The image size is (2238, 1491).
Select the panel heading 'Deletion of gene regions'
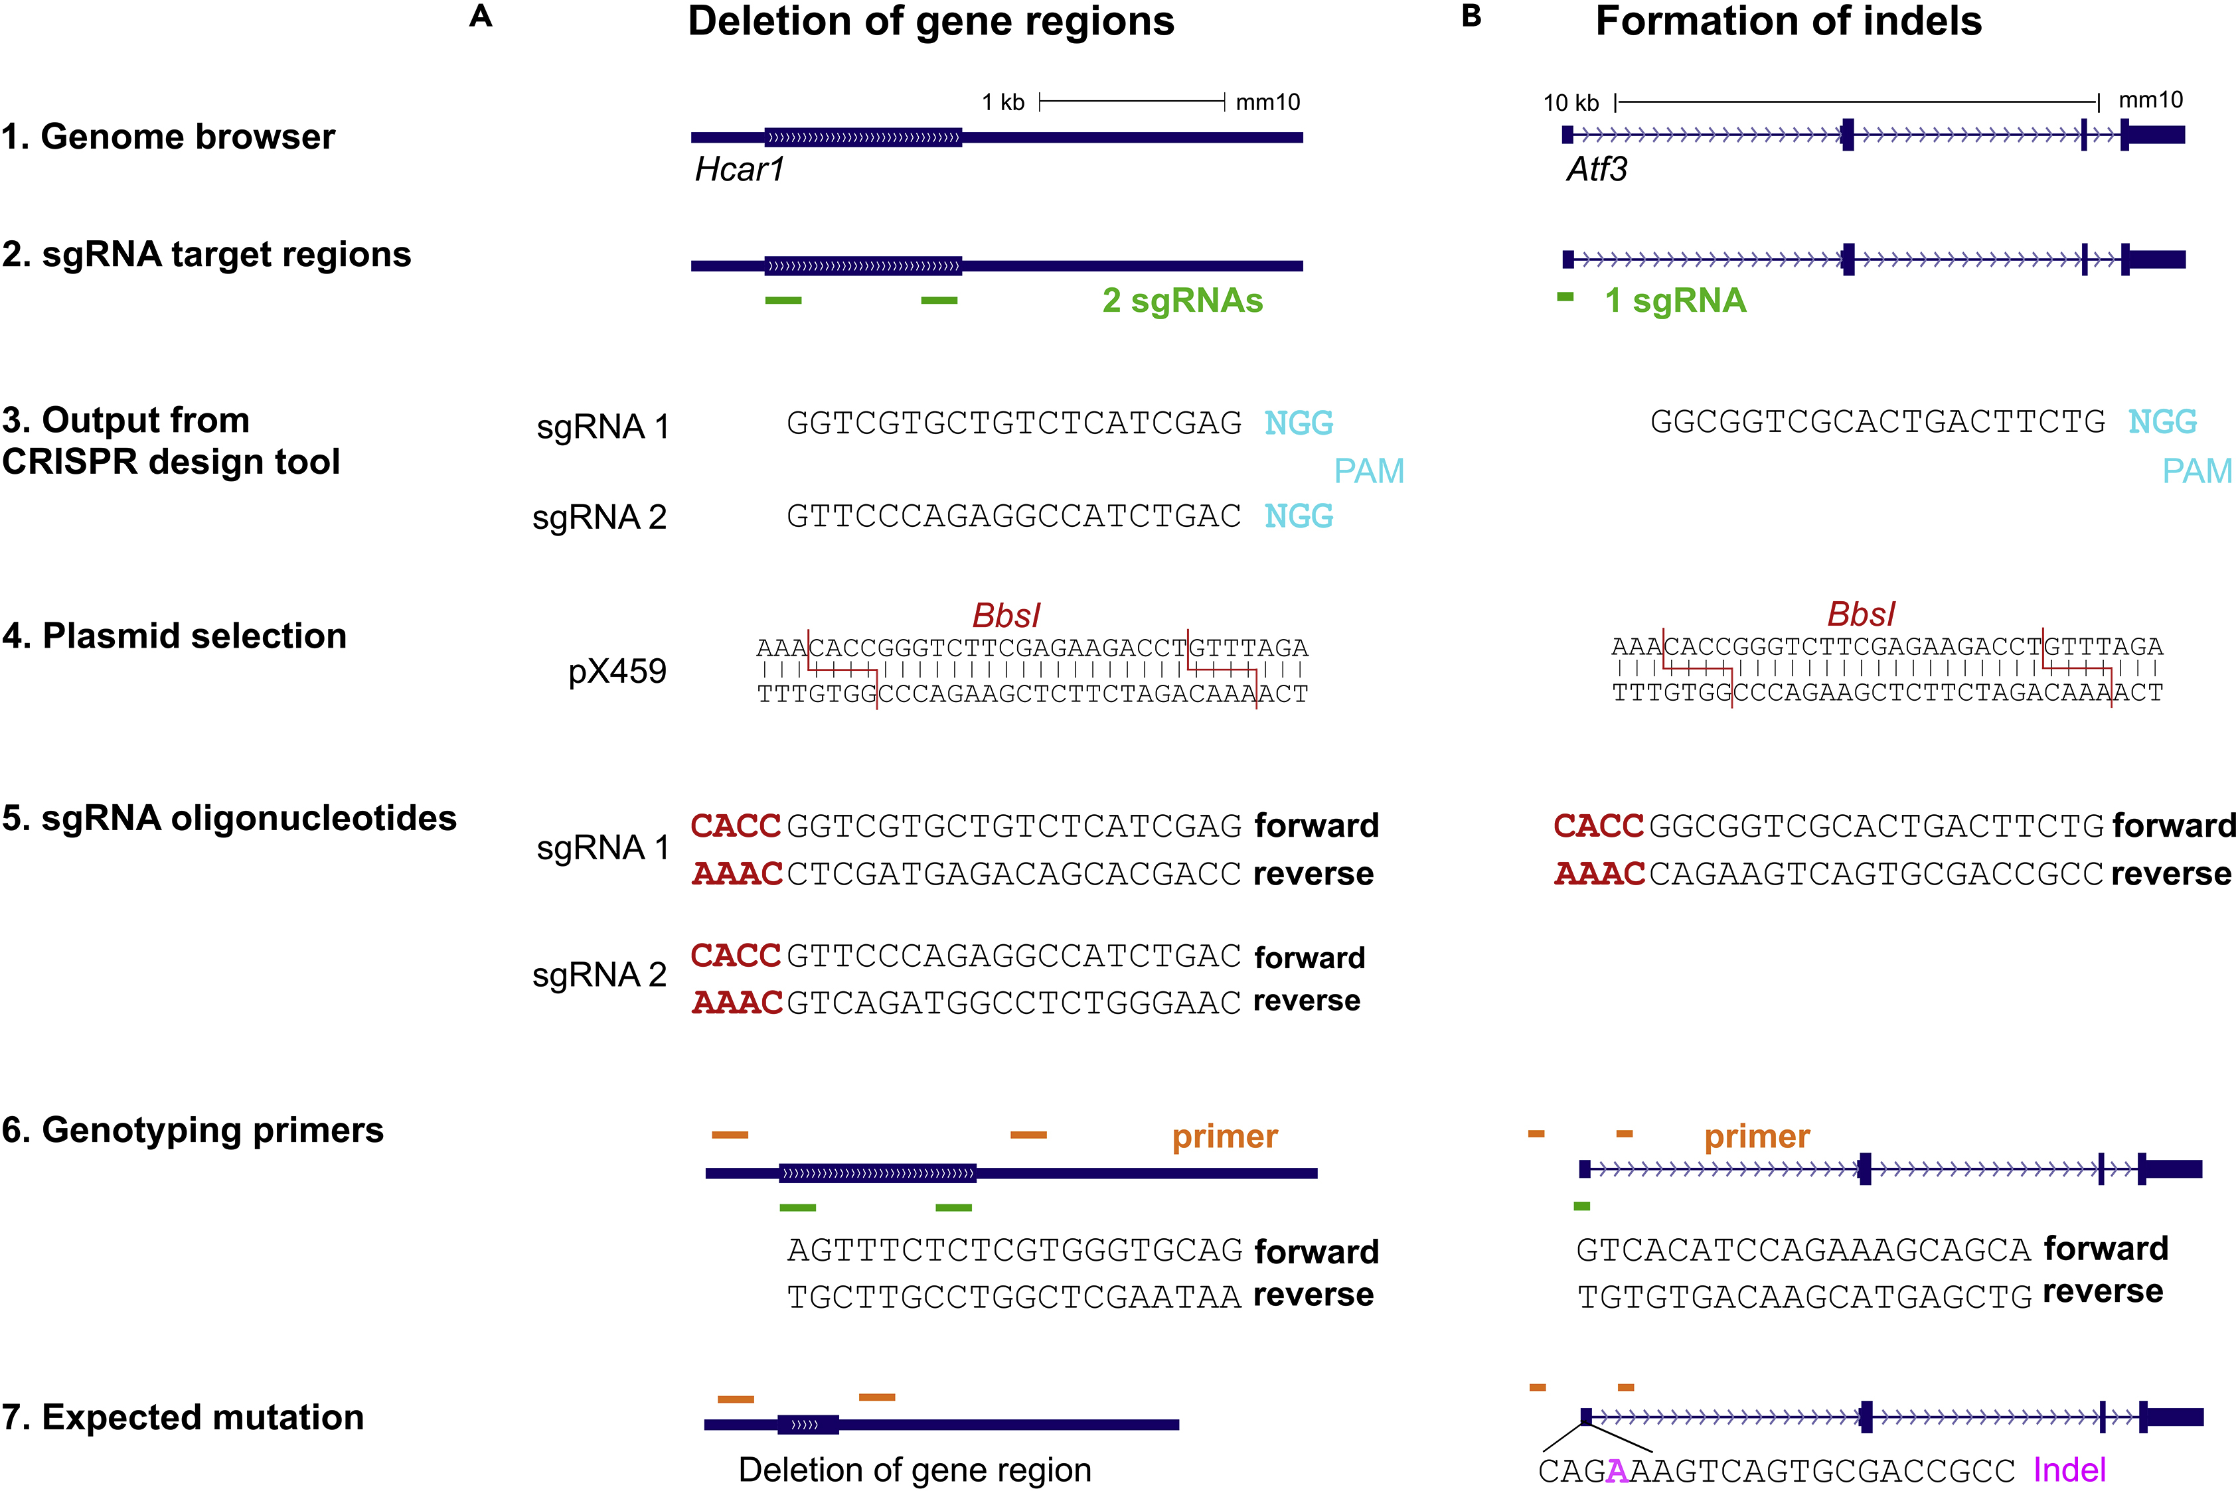[x=930, y=21]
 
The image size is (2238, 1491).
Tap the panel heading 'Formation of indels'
[x=1788, y=21]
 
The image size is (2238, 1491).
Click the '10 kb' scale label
[x=1570, y=103]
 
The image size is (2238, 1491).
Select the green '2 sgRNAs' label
[x=1182, y=301]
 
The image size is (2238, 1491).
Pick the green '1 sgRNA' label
[x=1675, y=301]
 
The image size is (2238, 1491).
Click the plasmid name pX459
[x=617, y=672]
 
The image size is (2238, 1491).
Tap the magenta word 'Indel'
[x=2069, y=1470]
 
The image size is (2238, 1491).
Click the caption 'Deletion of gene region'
[x=914, y=1470]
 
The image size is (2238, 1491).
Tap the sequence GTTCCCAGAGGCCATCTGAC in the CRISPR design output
[x=1014, y=516]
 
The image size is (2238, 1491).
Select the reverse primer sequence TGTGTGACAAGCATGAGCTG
[x=1804, y=1296]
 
